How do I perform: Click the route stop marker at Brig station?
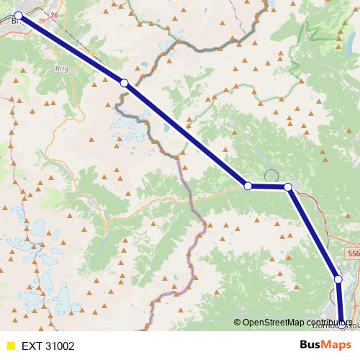[19, 14]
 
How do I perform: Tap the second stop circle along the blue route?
[124, 84]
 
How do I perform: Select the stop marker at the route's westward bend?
[248, 186]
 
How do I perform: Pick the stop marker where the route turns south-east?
[288, 187]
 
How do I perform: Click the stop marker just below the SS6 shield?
[338, 279]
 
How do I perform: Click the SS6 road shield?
[352, 254]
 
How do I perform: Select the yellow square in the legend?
[10, 346]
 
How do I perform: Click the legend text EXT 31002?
[48, 346]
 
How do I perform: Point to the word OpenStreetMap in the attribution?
[275, 322]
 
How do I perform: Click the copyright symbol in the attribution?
[238, 322]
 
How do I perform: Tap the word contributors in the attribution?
[330, 322]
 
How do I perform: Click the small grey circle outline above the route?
[271, 175]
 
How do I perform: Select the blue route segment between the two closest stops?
[268, 186]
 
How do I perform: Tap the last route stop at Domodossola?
[341, 325]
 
